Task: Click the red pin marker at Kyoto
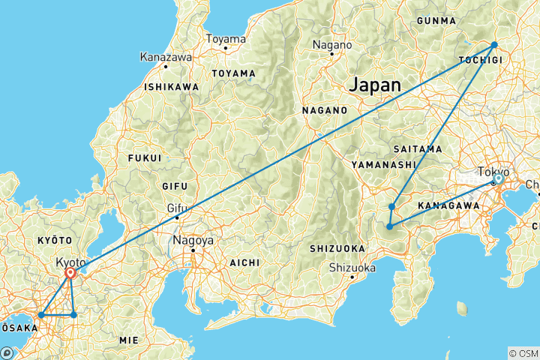pos(69,273)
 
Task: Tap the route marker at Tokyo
pos(497,179)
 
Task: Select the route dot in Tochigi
pos(494,45)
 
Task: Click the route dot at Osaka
pos(40,315)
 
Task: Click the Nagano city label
pos(331,44)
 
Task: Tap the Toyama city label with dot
pos(225,39)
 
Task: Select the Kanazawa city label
pos(165,56)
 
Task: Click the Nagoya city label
pos(193,241)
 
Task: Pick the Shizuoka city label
pos(352,267)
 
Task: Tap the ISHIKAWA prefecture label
pos(172,87)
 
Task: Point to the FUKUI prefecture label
pos(145,158)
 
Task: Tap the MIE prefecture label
pos(128,340)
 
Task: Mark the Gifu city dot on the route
pos(177,217)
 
